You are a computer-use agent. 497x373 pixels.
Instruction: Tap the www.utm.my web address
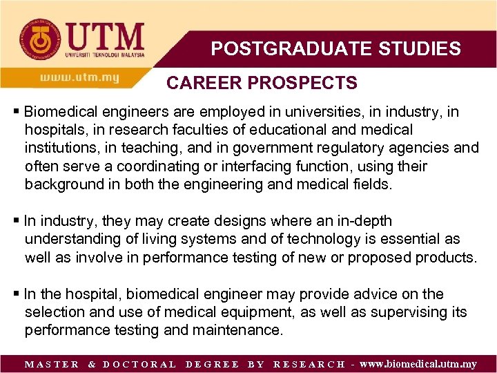[79, 78]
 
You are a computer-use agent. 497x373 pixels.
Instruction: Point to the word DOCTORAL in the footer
[139, 365]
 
